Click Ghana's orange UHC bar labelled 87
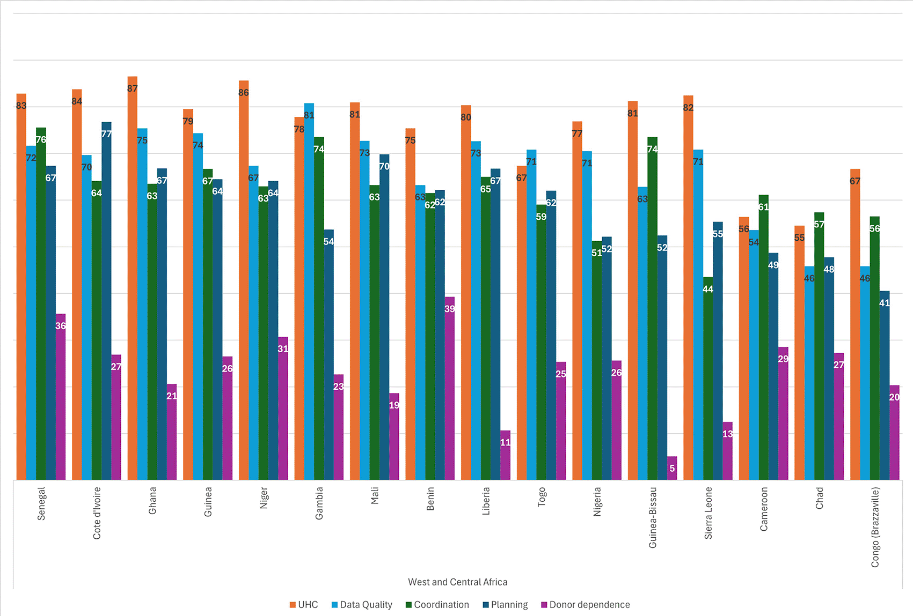[133, 279]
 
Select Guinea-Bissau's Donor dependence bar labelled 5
[672, 469]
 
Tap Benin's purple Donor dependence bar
[450, 389]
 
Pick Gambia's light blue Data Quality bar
[309, 292]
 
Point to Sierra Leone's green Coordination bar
[708, 378]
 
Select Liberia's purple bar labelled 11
[505, 455]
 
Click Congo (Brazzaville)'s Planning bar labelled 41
[884, 385]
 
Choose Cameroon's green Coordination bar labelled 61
[763, 337]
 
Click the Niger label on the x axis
[264, 498]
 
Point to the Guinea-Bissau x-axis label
[653, 517]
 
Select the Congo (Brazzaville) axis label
[875, 527]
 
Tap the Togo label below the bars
[542, 496]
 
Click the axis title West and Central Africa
[457, 582]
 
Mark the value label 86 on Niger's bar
[244, 93]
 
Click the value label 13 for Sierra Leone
[727, 434]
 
